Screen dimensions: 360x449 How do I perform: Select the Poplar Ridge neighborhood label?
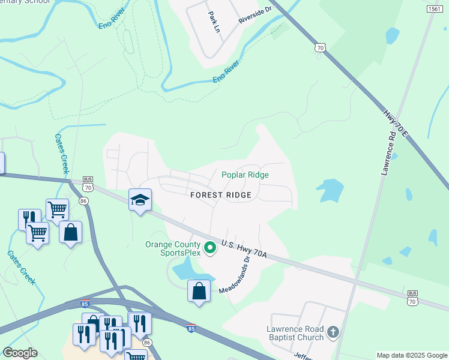point(245,175)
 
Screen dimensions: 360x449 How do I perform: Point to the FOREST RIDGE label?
point(220,195)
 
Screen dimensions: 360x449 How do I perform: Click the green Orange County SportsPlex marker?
point(209,247)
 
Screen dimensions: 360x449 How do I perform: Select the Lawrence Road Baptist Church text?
point(295,333)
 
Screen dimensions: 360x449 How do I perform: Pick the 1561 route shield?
point(435,8)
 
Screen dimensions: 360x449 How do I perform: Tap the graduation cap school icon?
point(140,200)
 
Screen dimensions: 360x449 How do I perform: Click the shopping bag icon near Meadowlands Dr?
point(199,291)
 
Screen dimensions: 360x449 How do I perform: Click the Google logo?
point(20,353)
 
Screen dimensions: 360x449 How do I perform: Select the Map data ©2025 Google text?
point(411,355)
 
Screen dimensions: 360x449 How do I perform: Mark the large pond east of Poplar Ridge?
point(330,191)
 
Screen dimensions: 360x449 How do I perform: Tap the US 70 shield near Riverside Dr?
point(321,46)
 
